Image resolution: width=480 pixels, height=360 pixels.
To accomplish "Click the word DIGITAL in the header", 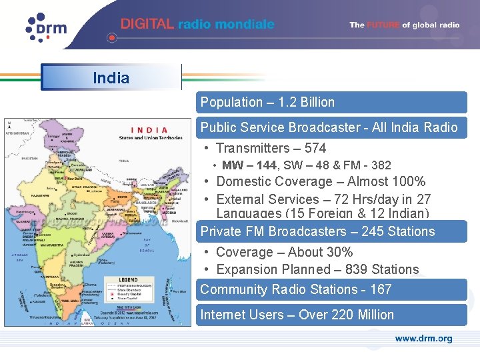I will (147, 24).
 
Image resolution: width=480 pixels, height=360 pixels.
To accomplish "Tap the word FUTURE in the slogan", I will (384, 25).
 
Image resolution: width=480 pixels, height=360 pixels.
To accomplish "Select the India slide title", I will (111, 78).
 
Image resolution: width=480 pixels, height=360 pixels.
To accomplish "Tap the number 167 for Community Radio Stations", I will (381, 289).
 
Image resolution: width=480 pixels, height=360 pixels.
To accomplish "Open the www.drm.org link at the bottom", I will (423, 339).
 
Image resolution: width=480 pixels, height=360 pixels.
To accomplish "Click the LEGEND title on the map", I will (128, 279).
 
